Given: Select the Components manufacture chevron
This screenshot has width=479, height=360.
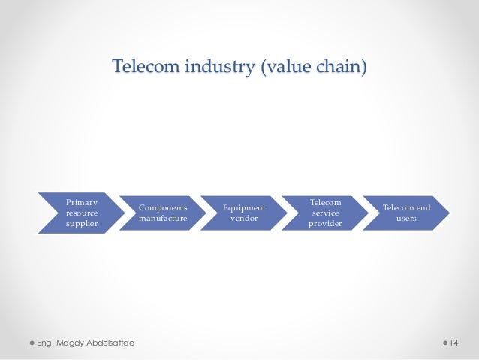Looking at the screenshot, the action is click(x=161, y=213).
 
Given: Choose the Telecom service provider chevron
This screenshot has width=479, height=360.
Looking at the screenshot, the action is click(x=324, y=213).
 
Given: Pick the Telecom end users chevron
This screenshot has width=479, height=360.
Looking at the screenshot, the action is click(x=406, y=213).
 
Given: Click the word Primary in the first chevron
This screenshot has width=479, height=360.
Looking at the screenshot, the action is click(x=81, y=201).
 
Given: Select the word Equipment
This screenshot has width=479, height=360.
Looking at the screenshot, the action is click(x=243, y=207).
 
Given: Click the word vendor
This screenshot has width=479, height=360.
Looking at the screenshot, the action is click(x=243, y=219).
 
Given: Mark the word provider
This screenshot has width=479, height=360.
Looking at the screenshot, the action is click(x=325, y=225).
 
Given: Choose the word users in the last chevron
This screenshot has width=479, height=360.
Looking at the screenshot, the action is click(x=407, y=219).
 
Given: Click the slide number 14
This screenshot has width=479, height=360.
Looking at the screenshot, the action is click(x=453, y=343).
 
